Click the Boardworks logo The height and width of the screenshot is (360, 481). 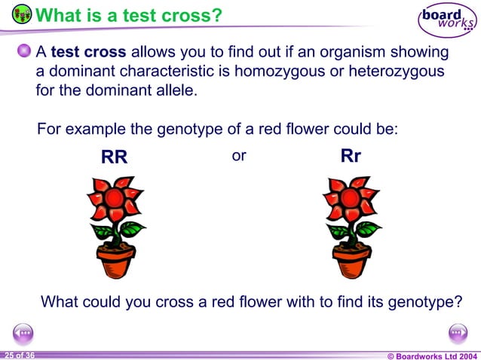coord(448,21)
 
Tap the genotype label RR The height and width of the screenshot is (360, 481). coord(115,158)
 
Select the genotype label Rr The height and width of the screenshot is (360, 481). coord(351,157)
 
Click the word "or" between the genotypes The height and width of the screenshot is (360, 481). coord(240,156)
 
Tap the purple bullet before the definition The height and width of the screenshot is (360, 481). coord(24,52)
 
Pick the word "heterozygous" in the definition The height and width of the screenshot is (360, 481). coord(400,72)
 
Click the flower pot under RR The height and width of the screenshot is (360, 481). coord(116,260)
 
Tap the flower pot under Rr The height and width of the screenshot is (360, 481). coord(352,260)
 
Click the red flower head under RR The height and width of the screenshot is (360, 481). coord(113,198)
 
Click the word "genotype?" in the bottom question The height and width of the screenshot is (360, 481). coord(424,303)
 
